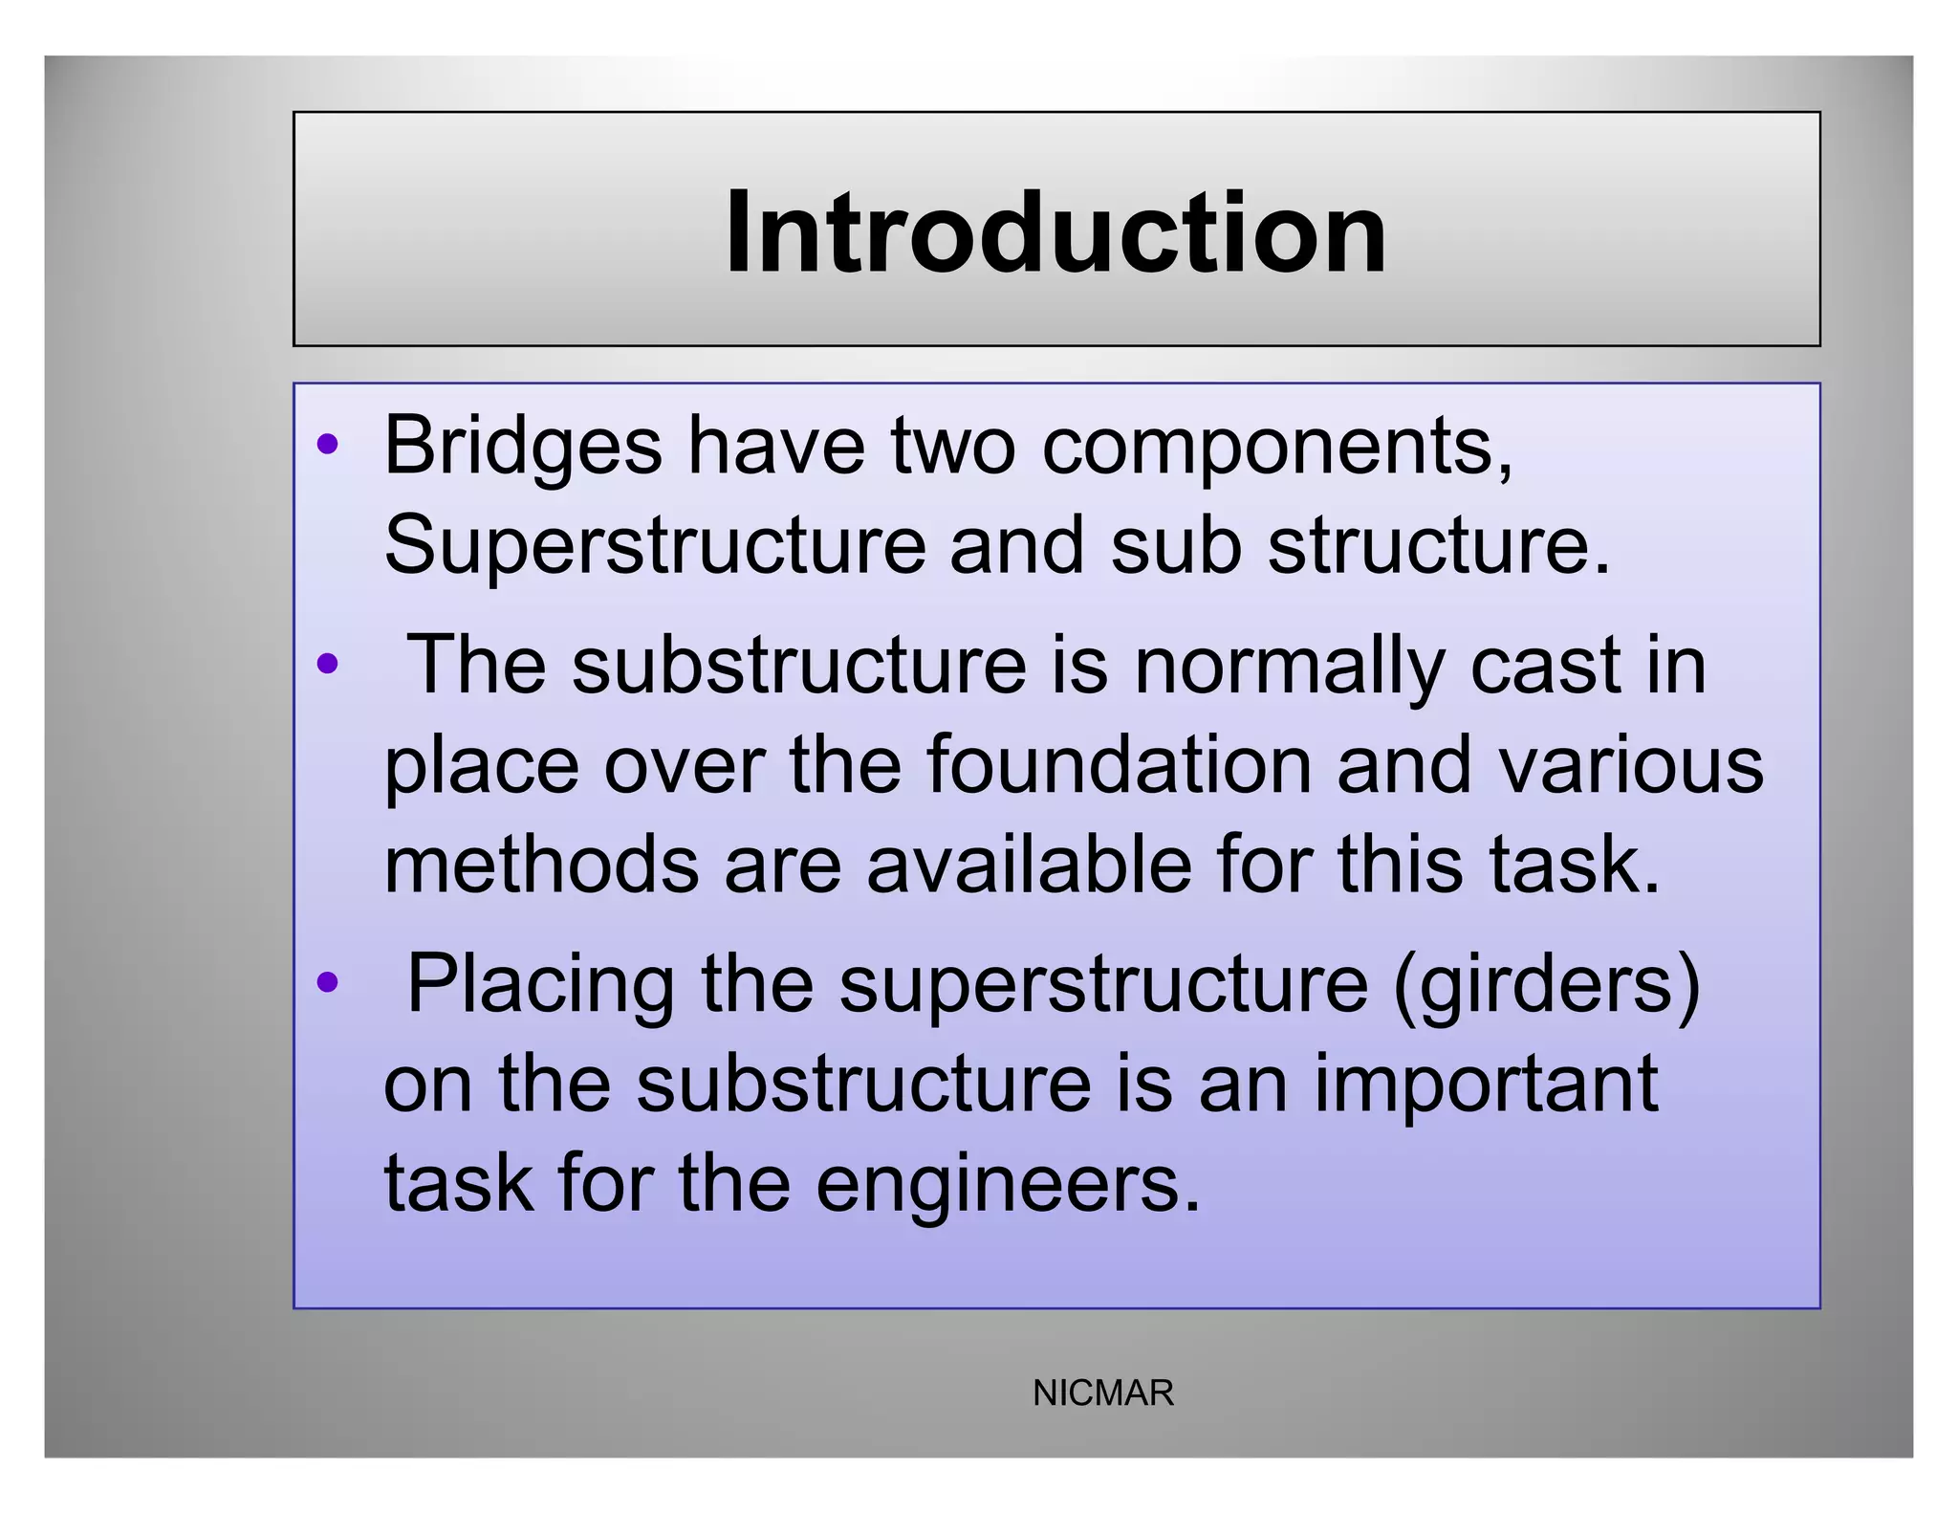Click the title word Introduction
coord(1055,232)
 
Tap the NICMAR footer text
coord(1102,1393)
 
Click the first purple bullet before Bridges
coord(328,444)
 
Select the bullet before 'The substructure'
coord(328,663)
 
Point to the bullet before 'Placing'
coord(328,981)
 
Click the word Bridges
coord(522,446)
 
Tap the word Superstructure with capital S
coord(654,546)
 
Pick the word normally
coord(1290,667)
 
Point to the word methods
coord(541,864)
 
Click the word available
coord(1029,864)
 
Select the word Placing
coord(540,986)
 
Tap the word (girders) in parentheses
coord(1547,986)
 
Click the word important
coord(1486,1085)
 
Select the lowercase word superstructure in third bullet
coord(1103,986)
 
